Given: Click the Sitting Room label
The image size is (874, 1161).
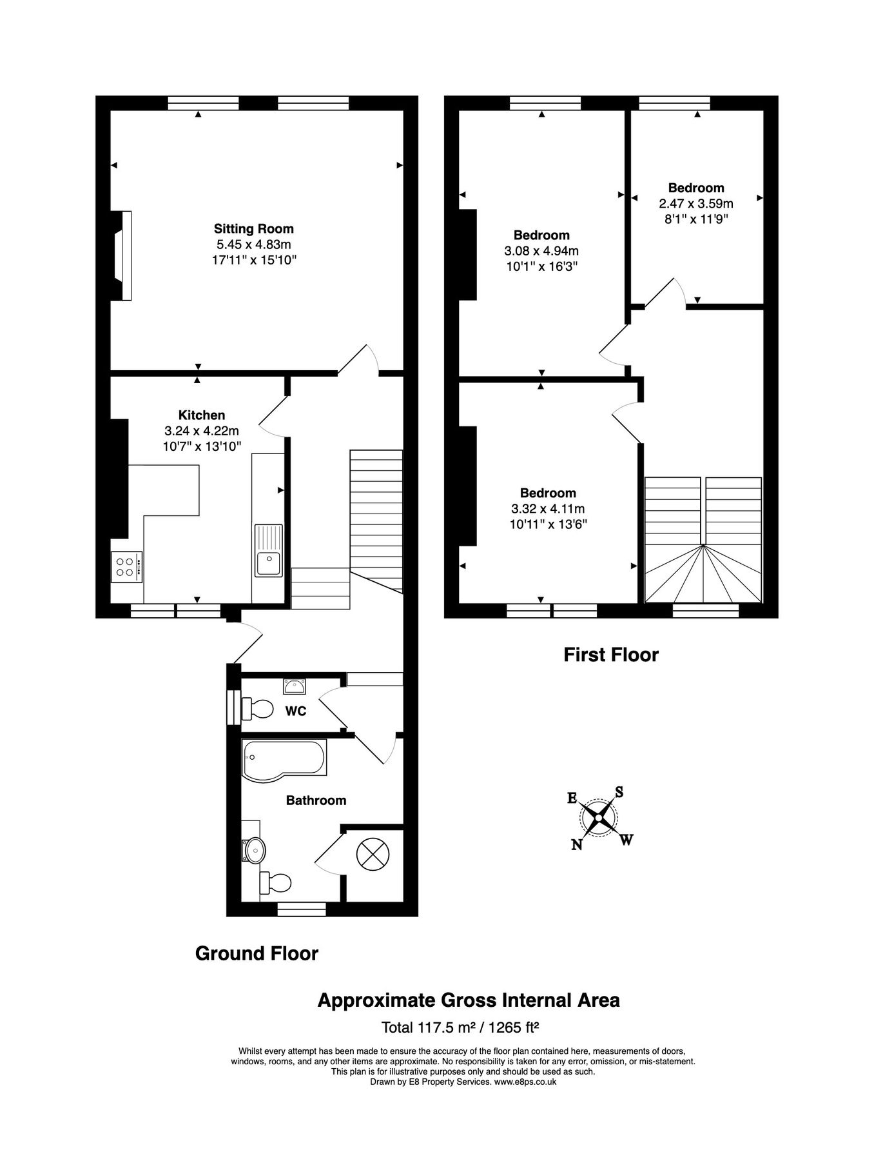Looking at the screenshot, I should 253,228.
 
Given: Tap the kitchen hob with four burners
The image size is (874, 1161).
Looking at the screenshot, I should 126,567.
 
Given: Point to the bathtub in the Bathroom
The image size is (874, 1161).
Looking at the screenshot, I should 284,759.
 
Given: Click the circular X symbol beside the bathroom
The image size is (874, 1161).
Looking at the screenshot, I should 373,855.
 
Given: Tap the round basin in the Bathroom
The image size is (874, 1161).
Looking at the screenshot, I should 255,851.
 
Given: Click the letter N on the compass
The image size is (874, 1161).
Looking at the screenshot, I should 577,844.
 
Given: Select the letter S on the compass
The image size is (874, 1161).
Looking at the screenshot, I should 619,792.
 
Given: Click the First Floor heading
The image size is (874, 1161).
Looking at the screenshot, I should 610,655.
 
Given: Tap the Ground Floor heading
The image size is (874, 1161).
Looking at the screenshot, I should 257,953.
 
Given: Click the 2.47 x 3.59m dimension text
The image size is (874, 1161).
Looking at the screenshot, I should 695,203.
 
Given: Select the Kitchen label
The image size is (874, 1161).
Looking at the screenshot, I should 202,415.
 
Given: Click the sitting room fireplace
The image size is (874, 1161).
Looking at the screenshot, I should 122,255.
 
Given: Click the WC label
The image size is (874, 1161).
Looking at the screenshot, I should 296,711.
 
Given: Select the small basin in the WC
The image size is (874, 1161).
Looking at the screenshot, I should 295,686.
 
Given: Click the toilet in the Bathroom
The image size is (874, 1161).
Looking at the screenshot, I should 275,882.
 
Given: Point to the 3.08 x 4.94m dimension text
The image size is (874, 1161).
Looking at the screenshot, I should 541,251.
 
